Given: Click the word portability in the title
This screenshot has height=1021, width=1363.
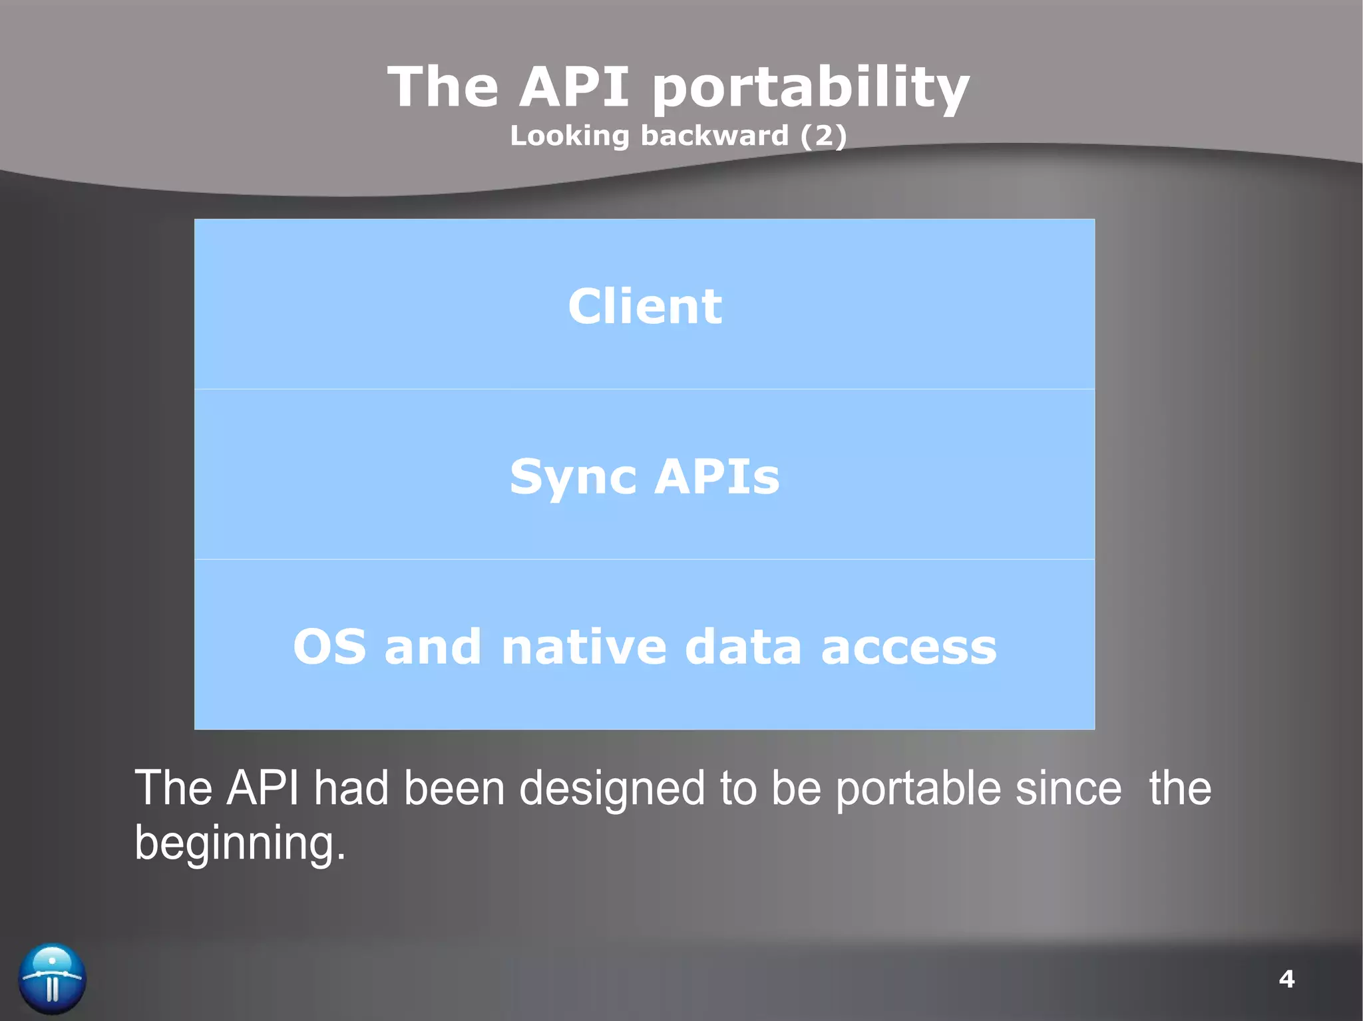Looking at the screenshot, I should coord(810,88).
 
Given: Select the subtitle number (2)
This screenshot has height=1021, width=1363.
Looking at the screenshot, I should coord(823,136).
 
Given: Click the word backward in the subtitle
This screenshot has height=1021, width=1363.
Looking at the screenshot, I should coord(714,136).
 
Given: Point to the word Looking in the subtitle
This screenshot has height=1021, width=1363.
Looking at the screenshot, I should coord(569,136).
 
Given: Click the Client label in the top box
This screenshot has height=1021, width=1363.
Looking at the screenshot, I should coord(644,307).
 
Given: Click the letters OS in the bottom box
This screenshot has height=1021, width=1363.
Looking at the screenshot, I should coord(329,647).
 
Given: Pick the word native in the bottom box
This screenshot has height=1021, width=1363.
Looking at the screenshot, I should coord(583,647).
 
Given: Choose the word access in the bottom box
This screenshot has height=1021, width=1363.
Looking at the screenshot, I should coord(908,647).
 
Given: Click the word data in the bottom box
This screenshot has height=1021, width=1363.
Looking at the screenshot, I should coord(743,647).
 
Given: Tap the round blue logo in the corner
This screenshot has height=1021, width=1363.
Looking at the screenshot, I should coord(52,978).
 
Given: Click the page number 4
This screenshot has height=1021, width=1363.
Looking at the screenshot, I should coord(1286,979).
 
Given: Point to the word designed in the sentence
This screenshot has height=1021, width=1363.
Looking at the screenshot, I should coord(611,790).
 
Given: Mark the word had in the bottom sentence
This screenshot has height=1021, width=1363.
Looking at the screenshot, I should coord(351,788).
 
